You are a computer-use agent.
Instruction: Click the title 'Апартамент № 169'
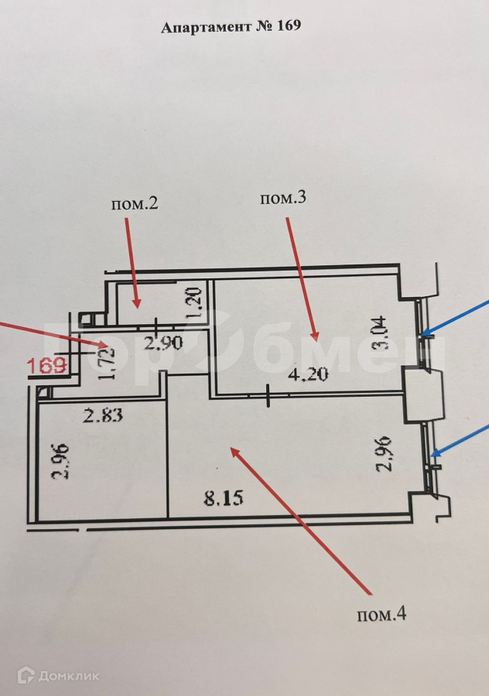click(x=231, y=27)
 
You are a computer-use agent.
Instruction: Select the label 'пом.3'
click(x=283, y=198)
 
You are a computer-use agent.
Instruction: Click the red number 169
click(x=46, y=365)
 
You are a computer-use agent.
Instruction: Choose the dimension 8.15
click(x=224, y=497)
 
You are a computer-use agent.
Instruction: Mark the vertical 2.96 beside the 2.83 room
click(x=60, y=462)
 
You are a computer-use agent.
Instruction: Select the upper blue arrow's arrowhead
click(x=424, y=335)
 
